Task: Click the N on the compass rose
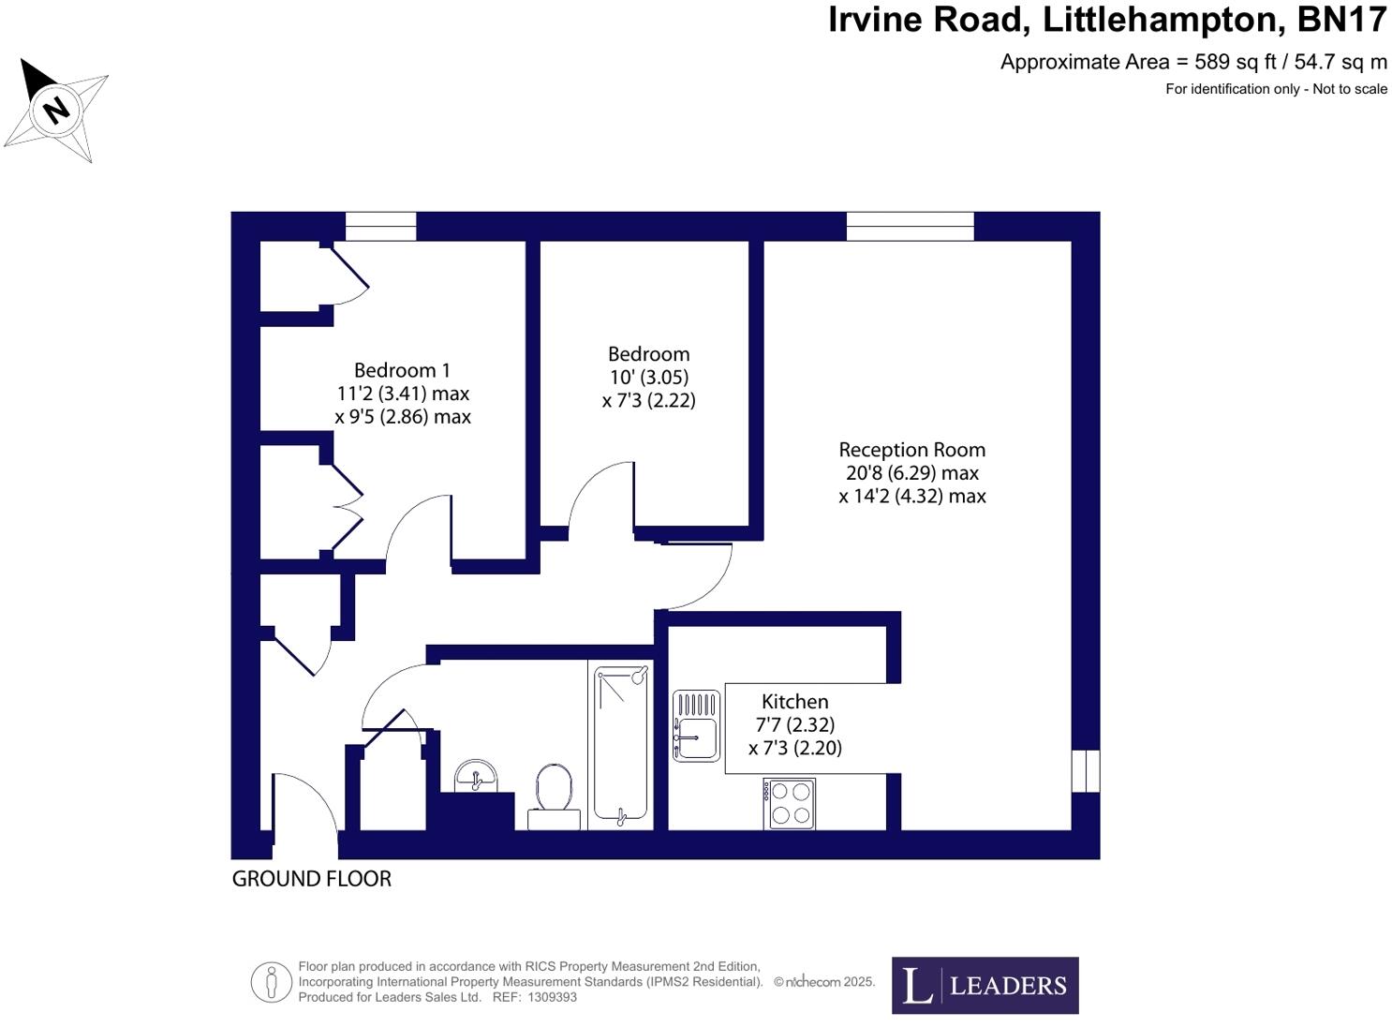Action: (56, 111)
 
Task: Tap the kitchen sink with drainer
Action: (696, 726)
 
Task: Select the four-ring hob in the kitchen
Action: (790, 804)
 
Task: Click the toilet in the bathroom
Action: (554, 796)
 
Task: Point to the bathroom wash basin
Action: (475, 776)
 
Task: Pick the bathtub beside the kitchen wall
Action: (620, 745)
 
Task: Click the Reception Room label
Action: (912, 450)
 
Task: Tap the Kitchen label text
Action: (794, 701)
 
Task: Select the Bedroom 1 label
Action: (402, 370)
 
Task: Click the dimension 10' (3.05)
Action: (649, 377)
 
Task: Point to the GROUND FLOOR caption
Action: (311, 879)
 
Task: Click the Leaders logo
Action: (985, 986)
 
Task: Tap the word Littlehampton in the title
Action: (1162, 20)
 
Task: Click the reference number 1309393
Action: (552, 998)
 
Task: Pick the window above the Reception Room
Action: (911, 226)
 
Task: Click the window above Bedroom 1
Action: (380, 226)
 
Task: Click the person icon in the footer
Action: (271, 983)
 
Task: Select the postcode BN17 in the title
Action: (1341, 20)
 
